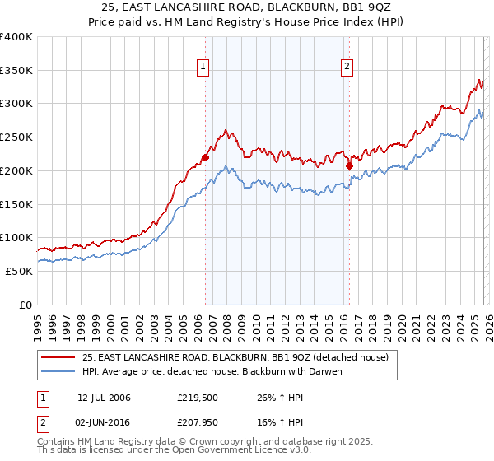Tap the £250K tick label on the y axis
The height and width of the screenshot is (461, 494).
(x=16, y=137)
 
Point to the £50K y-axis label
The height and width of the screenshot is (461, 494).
(x=19, y=271)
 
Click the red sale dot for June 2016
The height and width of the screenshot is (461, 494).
(x=349, y=165)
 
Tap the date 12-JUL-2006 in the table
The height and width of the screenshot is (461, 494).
(x=104, y=398)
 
